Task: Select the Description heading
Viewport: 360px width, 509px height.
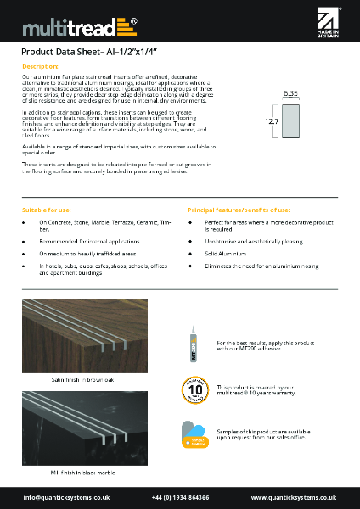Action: coord(39,66)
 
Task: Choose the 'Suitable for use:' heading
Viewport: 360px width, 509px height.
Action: coord(47,208)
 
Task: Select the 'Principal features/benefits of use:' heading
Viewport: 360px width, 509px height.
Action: coord(237,208)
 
